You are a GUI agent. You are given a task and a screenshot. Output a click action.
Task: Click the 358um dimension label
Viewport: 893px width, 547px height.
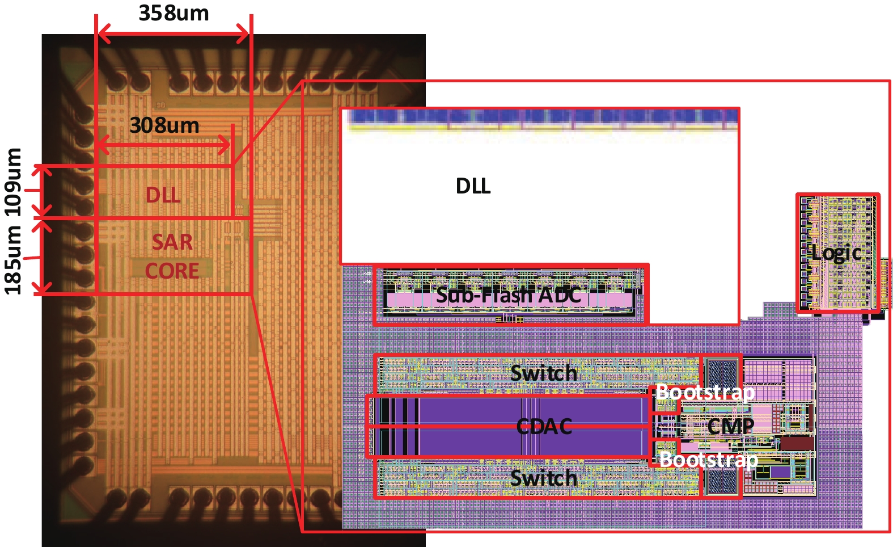[173, 13]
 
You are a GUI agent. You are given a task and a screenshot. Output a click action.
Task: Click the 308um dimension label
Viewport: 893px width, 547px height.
[164, 125]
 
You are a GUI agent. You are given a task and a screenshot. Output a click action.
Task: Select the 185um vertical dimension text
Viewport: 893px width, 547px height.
[13, 260]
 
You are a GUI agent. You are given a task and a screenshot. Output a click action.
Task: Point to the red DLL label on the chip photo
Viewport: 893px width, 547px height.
[163, 195]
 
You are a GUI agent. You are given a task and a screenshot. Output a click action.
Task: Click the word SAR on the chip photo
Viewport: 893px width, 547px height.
[172, 242]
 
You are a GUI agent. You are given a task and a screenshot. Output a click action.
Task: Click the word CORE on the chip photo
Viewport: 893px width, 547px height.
[172, 271]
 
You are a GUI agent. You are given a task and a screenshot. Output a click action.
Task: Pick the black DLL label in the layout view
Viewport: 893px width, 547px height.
[473, 186]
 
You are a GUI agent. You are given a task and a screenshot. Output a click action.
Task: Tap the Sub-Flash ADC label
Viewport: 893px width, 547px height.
[508, 295]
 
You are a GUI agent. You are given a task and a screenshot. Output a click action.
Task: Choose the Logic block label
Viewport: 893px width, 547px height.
[836, 253]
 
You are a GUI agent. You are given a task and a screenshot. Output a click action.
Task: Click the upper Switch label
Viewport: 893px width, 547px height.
[543, 373]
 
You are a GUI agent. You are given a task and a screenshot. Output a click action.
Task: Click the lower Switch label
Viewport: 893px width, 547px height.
[543, 478]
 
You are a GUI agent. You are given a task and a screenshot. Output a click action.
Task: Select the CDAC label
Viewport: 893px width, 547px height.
[544, 426]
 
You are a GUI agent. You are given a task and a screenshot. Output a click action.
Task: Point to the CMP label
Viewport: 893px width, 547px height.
[730, 426]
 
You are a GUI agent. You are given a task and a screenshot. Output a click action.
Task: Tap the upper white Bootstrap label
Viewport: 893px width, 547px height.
[705, 392]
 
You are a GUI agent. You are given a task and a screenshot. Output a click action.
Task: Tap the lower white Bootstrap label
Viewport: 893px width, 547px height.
[709, 458]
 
